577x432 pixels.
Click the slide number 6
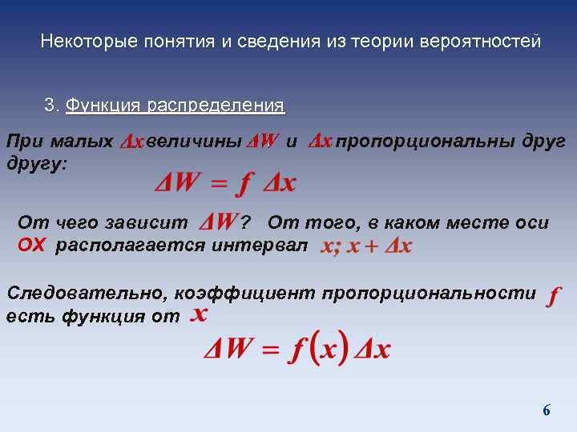(x=547, y=410)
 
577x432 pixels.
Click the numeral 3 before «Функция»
(x=50, y=106)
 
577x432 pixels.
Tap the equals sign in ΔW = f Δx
(x=217, y=184)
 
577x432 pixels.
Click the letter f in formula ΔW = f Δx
(x=241, y=184)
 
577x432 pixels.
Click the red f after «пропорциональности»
(x=551, y=296)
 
